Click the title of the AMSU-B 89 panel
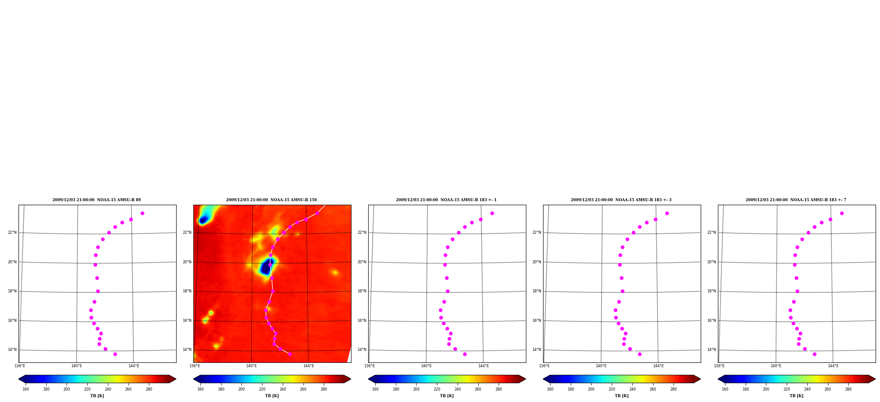(96, 200)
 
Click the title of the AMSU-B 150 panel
(271, 200)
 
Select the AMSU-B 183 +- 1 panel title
(446, 200)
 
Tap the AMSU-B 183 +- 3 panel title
(621, 200)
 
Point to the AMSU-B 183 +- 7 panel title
(796, 200)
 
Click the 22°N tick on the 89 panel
(12, 232)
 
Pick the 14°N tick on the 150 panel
(187, 350)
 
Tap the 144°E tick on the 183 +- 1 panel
(484, 366)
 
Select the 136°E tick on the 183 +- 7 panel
(719, 366)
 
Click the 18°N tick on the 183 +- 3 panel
(537, 291)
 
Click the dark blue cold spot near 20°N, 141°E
(266, 267)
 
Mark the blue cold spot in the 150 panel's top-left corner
(203, 220)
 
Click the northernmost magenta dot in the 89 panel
(142, 213)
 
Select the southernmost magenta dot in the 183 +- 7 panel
(814, 354)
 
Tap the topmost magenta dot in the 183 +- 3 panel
(667, 213)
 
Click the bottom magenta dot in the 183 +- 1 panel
(465, 354)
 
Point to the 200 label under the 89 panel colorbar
(67, 389)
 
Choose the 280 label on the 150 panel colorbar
(324, 389)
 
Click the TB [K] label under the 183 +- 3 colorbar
(621, 396)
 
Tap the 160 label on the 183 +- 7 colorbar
(725, 389)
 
